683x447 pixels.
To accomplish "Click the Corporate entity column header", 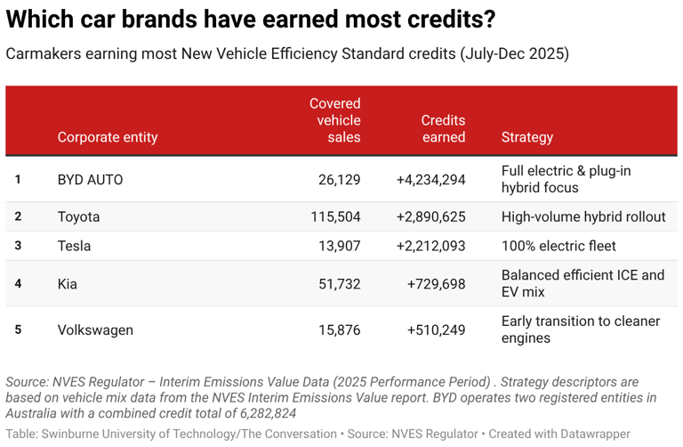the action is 107,137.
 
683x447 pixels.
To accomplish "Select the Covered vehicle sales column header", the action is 335,120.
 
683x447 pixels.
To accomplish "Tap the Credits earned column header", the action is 443,128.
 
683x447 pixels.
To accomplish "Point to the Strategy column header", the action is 527,137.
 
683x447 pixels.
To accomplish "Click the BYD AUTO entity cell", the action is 90,179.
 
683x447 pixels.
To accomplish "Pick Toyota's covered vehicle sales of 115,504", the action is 335,216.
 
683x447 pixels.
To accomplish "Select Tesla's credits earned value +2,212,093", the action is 430,246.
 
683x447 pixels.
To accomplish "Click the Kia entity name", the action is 67,284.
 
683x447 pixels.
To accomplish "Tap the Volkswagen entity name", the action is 95,330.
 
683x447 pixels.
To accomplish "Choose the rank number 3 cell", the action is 18,246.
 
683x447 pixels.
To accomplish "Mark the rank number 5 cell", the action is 18,329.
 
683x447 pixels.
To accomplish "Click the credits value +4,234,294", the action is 430,179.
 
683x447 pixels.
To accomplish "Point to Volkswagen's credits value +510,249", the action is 436,330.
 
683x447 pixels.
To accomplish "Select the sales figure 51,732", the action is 340,284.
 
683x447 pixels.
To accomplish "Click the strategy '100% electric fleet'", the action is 558,246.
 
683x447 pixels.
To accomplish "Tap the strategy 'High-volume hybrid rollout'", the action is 583,216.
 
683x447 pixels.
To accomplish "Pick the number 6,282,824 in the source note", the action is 268,413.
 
